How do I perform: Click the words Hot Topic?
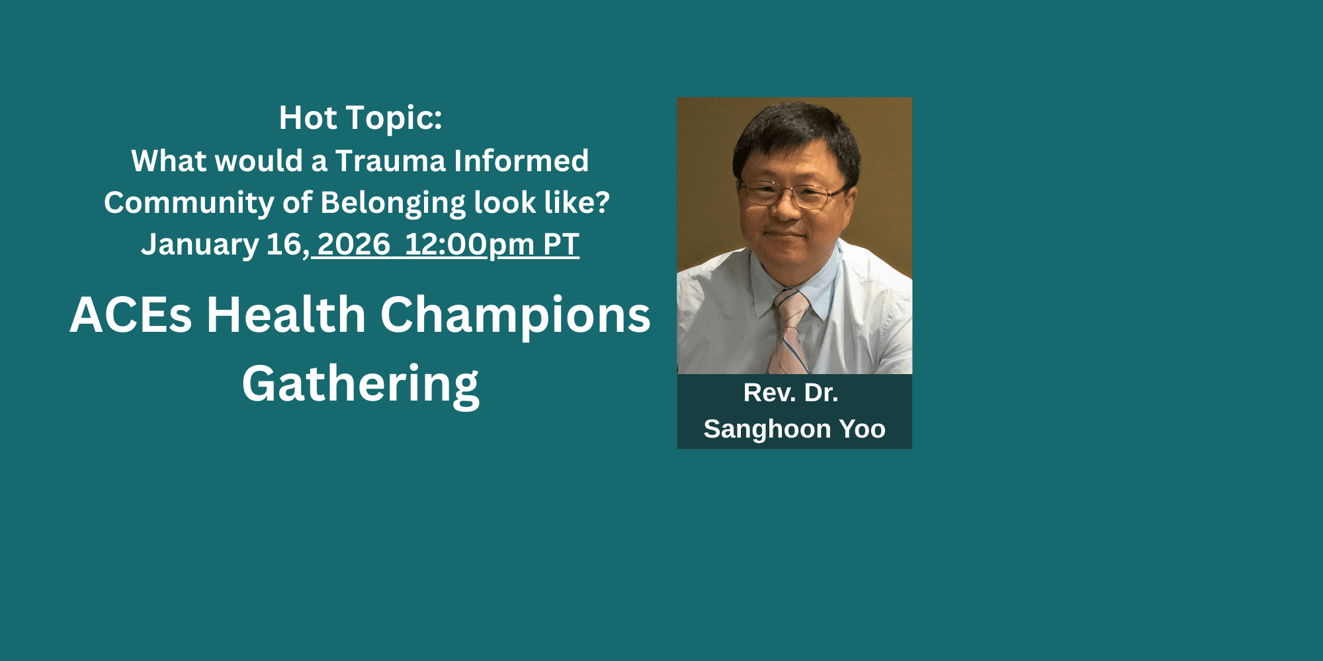tap(361, 118)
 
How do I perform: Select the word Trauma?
tap(390, 161)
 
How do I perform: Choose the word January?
tap(200, 245)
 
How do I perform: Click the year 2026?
tap(354, 245)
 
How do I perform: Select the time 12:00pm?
tap(469, 245)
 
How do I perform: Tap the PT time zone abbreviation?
tap(561, 245)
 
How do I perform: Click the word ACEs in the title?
tap(131, 315)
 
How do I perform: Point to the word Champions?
tap(515, 316)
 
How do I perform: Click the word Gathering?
tap(361, 385)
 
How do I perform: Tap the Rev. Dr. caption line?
tap(791, 393)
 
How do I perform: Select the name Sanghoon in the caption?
tap(767, 430)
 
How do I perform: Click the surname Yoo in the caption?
tap(862, 429)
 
